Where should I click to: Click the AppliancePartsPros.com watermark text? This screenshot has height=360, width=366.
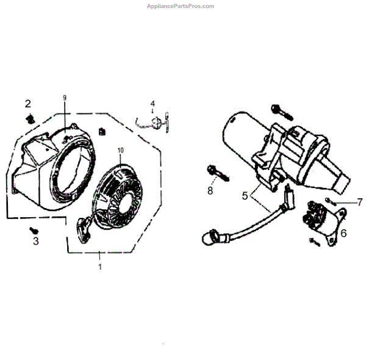coord(181,6)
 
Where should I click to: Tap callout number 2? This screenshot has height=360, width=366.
coord(27,103)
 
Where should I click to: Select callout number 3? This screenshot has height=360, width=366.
coord(35,242)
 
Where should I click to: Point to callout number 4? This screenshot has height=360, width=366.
coord(153,104)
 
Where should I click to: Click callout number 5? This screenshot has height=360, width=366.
coord(245,196)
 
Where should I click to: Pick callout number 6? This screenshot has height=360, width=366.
coord(343,232)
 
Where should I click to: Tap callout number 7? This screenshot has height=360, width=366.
coord(359,201)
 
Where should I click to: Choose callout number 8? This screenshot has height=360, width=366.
coord(210,190)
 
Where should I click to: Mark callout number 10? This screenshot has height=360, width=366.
coord(120,150)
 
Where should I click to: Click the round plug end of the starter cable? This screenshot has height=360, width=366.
coord(210,234)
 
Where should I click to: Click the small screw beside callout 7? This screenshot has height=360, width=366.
coord(329,201)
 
